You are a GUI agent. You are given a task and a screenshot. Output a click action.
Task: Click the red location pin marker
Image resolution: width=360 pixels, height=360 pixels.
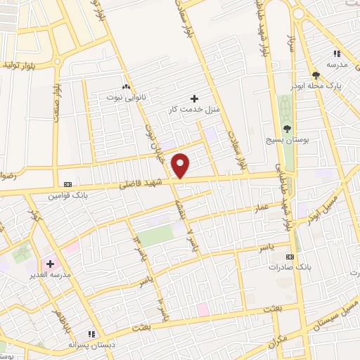click(181, 165)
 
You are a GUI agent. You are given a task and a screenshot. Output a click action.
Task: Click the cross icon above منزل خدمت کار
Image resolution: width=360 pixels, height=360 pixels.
click(195, 98)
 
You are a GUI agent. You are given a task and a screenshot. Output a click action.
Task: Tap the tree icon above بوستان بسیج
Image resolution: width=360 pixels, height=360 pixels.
click(286, 128)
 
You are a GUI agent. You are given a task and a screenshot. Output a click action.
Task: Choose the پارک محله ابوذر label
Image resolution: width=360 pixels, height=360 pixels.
click(315, 86)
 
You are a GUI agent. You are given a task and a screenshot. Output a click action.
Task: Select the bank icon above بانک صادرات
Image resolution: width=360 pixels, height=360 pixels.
click(290, 256)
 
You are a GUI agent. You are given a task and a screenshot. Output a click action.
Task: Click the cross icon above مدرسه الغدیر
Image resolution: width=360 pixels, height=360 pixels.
click(49, 263)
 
